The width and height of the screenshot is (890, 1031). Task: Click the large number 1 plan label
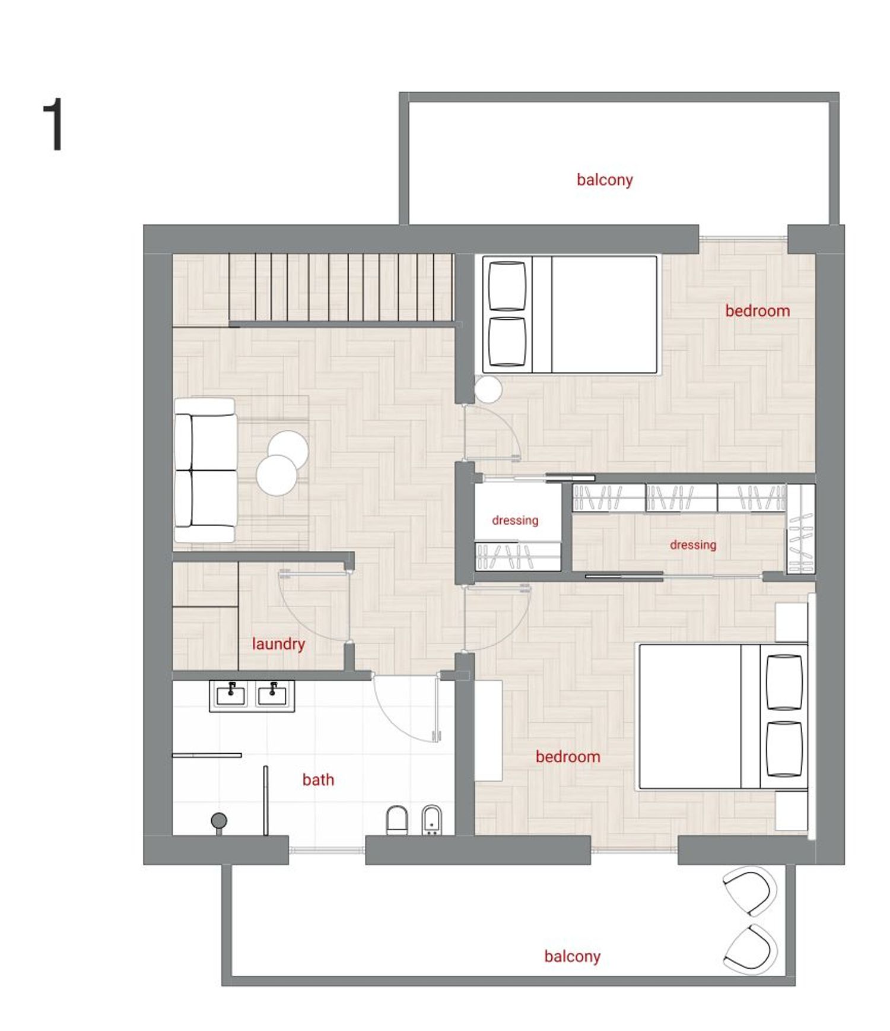pyautogui.click(x=55, y=125)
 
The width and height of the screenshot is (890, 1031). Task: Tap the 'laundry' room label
pyautogui.click(x=278, y=645)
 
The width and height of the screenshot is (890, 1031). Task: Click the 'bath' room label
pyautogui.click(x=318, y=779)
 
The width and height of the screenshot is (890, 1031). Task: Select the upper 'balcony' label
pyautogui.click(x=605, y=180)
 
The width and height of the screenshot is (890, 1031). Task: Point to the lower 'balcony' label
pyautogui.click(x=573, y=956)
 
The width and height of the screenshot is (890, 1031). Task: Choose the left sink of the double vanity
pyautogui.click(x=231, y=695)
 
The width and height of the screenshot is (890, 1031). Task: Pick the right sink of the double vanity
pyautogui.click(x=272, y=695)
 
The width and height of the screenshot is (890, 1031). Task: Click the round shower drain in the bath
pyautogui.click(x=219, y=820)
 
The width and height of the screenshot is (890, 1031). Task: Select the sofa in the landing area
pyautogui.click(x=205, y=470)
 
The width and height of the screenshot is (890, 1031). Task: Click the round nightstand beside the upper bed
pyautogui.click(x=488, y=389)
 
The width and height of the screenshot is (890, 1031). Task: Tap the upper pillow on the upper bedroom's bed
pyautogui.click(x=507, y=285)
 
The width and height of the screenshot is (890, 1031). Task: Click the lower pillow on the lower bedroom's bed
pyautogui.click(x=784, y=749)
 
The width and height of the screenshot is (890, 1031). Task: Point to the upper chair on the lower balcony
pyautogui.click(x=751, y=890)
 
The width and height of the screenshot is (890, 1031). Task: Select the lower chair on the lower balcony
pyautogui.click(x=751, y=948)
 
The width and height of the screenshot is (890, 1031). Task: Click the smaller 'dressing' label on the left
pyautogui.click(x=515, y=521)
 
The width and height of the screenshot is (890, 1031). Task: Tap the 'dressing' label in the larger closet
pyautogui.click(x=693, y=545)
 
